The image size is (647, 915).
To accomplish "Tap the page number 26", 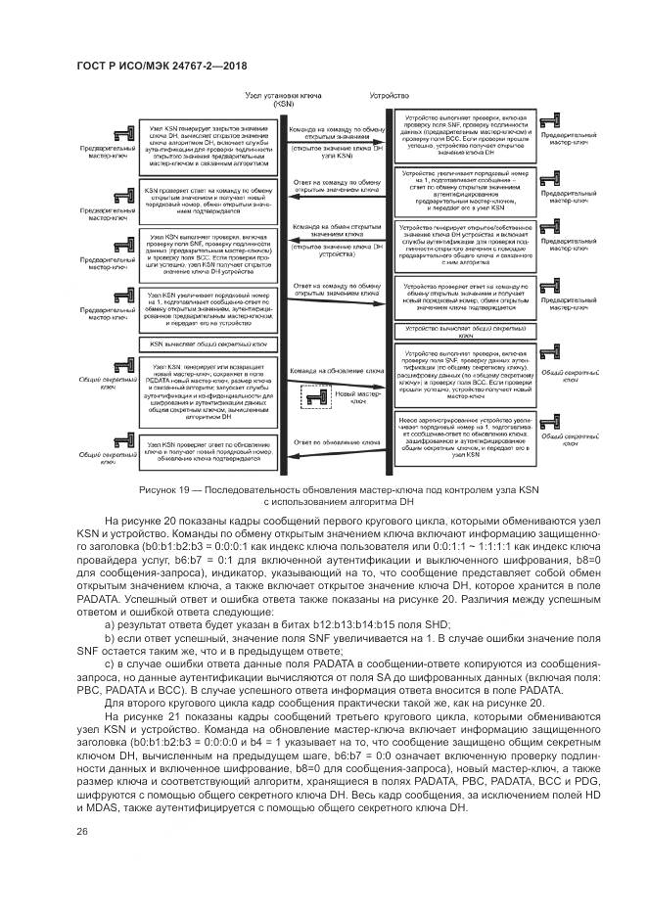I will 82,831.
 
